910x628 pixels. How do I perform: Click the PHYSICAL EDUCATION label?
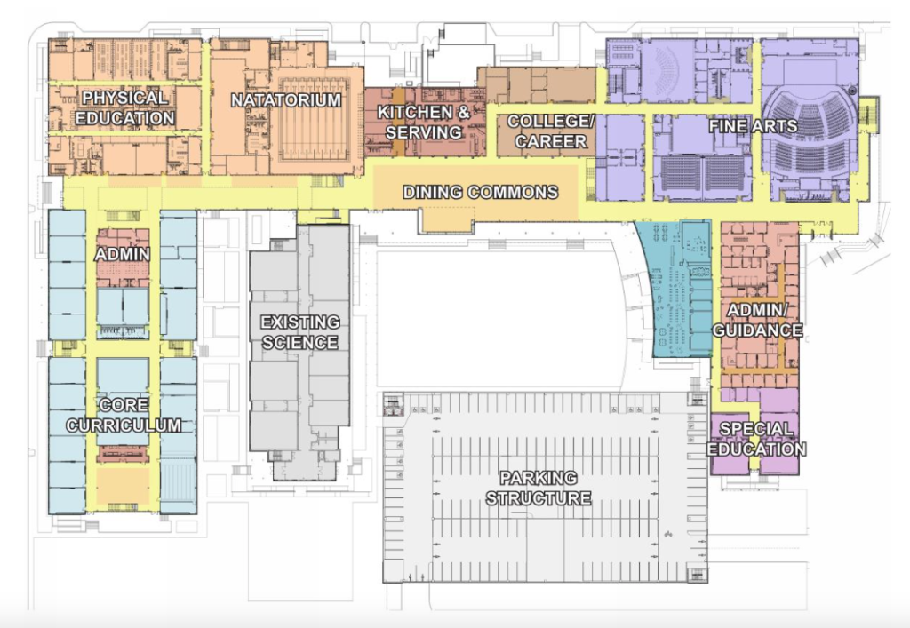coord(125,107)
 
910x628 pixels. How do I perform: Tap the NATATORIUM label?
coord(286,100)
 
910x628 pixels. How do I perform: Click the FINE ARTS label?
coord(753,127)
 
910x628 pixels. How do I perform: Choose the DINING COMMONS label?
coord(481,192)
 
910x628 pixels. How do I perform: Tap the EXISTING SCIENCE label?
coord(299,331)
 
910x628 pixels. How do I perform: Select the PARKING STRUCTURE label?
coord(539,488)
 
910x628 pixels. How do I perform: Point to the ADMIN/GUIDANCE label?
coord(757,320)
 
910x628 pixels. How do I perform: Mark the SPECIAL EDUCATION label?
coord(757,439)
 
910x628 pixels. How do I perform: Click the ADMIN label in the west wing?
coord(122,255)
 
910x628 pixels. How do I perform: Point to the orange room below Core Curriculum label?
coord(122,484)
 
